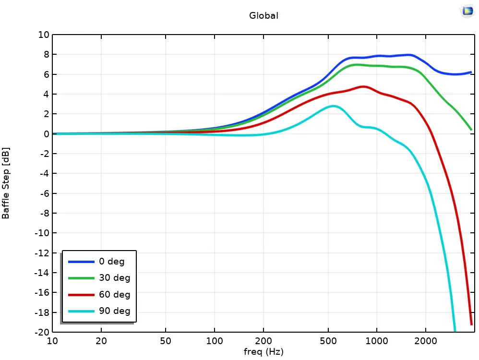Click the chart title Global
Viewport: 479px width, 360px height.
pos(263,15)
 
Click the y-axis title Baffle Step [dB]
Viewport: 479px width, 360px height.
pos(6,183)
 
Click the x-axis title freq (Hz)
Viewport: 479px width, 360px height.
pos(263,352)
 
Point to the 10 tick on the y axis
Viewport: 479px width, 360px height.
pos(44,35)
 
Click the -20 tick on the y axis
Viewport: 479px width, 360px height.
pos(42,332)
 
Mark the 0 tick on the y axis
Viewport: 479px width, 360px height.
pos(46,134)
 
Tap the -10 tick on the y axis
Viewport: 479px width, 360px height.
pos(42,233)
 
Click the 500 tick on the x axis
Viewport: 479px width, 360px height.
pos(328,341)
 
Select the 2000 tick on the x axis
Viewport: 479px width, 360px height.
pos(425,341)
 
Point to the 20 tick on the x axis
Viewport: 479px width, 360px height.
pos(101,341)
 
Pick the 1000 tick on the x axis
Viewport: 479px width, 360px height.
pos(377,341)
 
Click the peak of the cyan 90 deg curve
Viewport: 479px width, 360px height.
pos(333,106)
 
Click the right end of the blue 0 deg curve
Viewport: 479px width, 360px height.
pos(471,72)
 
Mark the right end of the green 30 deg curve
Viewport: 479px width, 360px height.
pos(471,129)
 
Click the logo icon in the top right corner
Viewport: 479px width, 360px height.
pos(467,11)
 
